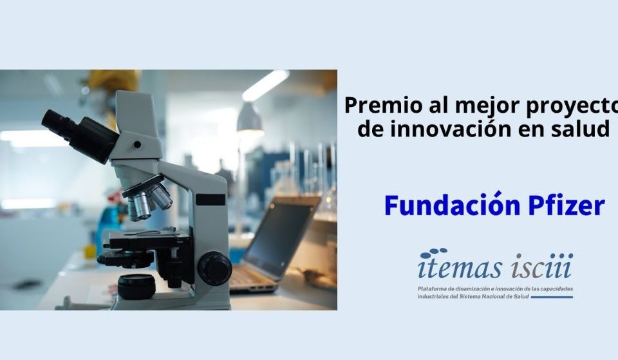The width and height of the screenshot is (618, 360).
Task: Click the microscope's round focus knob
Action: (214, 269)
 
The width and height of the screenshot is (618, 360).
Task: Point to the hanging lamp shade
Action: (249, 118)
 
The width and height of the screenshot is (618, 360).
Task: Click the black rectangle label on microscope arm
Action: (211, 200)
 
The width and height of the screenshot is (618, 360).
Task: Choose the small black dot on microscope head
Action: (137, 144)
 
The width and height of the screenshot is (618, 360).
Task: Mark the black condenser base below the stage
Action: (136, 287)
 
